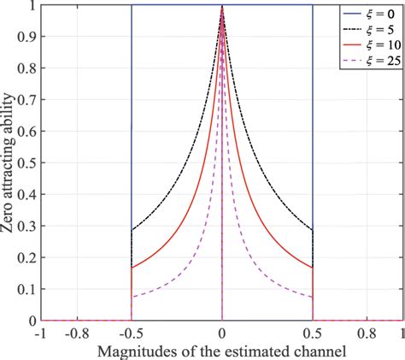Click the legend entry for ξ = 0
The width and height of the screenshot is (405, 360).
[370, 15]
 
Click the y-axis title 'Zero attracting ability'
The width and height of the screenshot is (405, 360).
[10, 162]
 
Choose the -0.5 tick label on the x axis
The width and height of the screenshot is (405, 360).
[130, 333]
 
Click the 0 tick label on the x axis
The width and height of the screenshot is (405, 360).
[222, 333]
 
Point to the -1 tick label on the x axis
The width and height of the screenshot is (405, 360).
[38, 333]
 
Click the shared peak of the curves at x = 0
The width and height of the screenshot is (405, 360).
[222, 7]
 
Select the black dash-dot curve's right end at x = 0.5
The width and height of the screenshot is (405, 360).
[313, 230]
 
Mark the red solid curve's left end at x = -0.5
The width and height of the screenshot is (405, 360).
[131, 268]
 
